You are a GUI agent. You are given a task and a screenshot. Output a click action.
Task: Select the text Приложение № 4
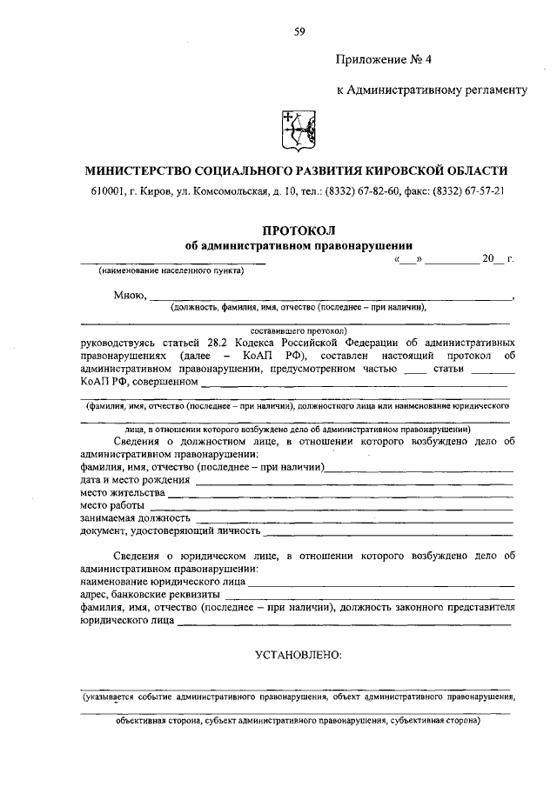click(382, 60)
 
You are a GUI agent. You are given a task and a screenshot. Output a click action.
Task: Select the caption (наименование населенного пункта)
click(170, 270)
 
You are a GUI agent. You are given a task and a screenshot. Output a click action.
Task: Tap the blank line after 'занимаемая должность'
click(348, 518)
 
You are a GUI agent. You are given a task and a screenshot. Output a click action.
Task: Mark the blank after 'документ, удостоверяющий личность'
click(387, 530)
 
